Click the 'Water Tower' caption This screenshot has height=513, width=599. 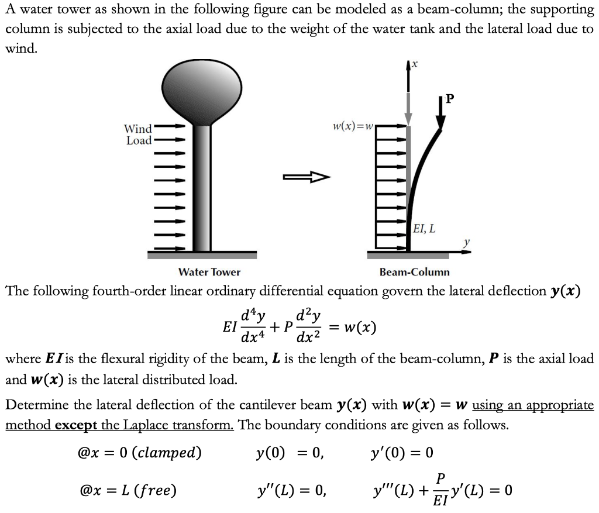tap(209, 272)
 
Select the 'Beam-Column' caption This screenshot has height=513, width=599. tap(414, 272)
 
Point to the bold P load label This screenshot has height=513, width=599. tap(449, 99)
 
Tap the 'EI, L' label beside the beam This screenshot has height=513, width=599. tap(424, 229)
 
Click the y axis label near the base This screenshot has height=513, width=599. tap(466, 242)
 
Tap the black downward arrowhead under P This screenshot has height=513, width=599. tap(440, 122)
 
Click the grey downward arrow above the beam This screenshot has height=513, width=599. tap(408, 111)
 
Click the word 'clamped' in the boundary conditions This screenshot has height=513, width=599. tap(172, 453)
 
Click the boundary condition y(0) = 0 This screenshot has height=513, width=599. tap(290, 453)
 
